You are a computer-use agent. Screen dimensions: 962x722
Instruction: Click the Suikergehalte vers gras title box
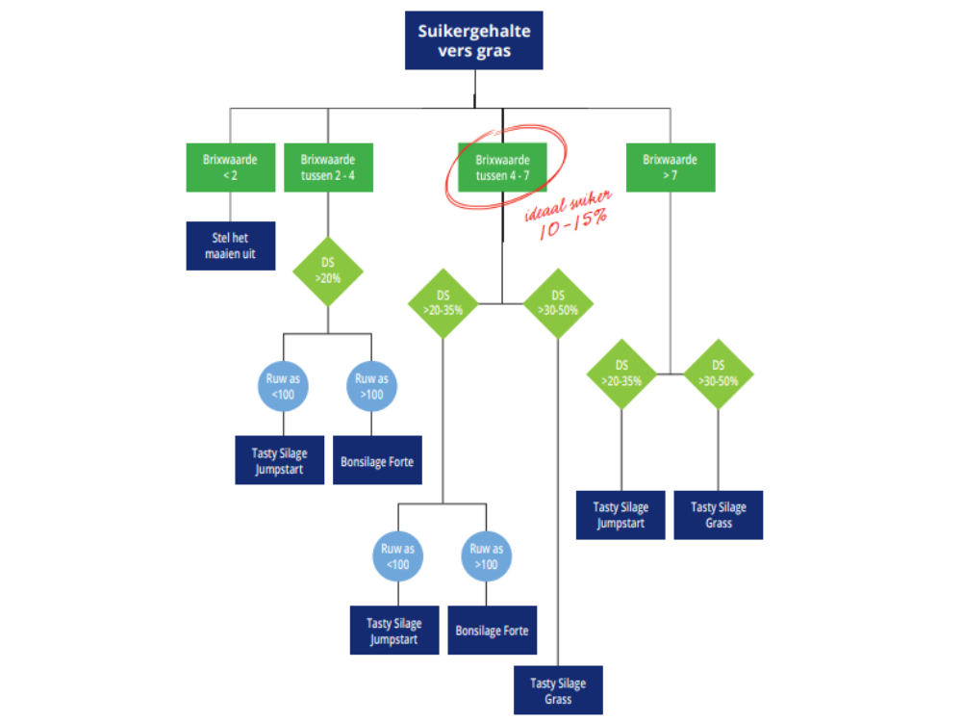pyautogui.click(x=473, y=40)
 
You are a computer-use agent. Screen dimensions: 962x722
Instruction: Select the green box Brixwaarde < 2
pyautogui.click(x=231, y=168)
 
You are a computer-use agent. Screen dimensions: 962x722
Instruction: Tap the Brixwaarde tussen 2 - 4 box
pyautogui.click(x=328, y=168)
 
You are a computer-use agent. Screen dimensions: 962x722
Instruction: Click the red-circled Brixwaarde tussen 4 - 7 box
pyautogui.click(x=502, y=168)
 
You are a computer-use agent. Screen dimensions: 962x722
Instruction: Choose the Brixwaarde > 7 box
pyautogui.click(x=671, y=168)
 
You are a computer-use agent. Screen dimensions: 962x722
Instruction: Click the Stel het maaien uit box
pyautogui.click(x=231, y=245)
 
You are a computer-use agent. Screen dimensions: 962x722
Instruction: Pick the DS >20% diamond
pyautogui.click(x=328, y=271)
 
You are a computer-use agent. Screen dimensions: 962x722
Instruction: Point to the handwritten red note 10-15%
pyautogui.click(x=573, y=223)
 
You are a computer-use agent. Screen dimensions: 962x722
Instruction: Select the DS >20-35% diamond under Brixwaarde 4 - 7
pyautogui.click(x=443, y=303)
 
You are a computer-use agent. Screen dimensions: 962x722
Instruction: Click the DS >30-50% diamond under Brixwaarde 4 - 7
pyautogui.click(x=558, y=303)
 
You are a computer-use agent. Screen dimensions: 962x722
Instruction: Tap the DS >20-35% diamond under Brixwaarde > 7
pyautogui.click(x=621, y=374)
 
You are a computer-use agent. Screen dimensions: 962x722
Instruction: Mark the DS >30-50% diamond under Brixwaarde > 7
pyautogui.click(x=719, y=374)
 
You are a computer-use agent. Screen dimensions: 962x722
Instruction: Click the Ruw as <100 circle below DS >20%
pyautogui.click(x=283, y=386)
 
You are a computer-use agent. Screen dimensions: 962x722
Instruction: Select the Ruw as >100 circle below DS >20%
pyautogui.click(x=371, y=386)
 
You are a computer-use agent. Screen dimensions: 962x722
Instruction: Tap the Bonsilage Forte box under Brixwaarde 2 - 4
pyautogui.click(x=377, y=460)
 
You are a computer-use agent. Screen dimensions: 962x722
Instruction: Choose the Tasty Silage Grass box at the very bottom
pyautogui.click(x=558, y=690)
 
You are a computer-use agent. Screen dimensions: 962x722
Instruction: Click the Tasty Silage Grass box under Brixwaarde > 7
pyautogui.click(x=719, y=515)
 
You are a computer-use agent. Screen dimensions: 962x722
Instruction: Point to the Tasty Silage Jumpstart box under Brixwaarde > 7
pyautogui.click(x=620, y=515)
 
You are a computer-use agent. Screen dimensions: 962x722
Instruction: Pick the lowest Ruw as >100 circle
pyautogui.click(x=487, y=556)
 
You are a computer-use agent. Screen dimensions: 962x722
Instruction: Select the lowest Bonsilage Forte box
pyautogui.click(x=492, y=631)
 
